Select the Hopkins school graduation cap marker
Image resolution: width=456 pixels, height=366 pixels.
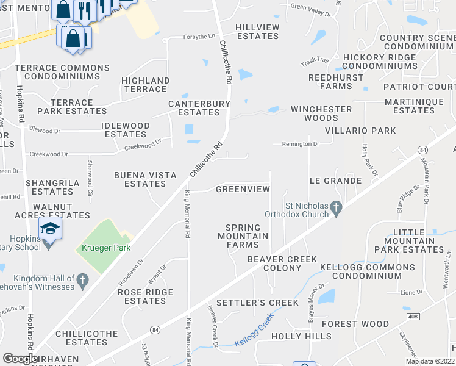click(50, 230)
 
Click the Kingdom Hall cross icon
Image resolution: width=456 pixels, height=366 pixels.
click(83, 281)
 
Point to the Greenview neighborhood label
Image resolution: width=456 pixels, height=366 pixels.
click(243, 189)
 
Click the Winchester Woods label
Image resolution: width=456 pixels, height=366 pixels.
click(321, 113)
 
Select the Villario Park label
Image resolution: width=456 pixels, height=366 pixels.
click(360, 131)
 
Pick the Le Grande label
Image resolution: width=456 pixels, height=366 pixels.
click(335, 181)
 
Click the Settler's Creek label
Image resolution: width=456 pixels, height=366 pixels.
click(258, 303)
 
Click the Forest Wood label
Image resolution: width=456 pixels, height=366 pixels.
click(355, 324)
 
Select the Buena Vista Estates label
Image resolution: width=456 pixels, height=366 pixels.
click(145, 179)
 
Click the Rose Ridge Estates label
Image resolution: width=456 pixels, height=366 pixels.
click(145, 296)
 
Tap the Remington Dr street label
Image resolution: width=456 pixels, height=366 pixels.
click(300, 144)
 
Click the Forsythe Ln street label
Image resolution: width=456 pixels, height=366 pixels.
click(199, 37)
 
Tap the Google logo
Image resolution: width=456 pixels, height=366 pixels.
click(21, 359)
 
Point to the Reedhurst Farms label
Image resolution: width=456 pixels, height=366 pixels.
click(330, 82)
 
